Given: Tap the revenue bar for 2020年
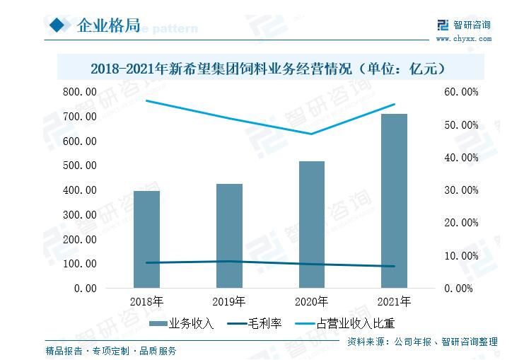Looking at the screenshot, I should click(x=311, y=224).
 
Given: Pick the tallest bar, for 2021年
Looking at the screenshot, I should click(x=394, y=201).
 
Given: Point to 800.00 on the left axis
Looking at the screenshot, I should click(x=81, y=92).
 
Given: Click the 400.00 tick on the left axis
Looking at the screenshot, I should click(x=81, y=190).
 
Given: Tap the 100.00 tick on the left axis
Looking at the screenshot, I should click(x=81, y=264).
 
